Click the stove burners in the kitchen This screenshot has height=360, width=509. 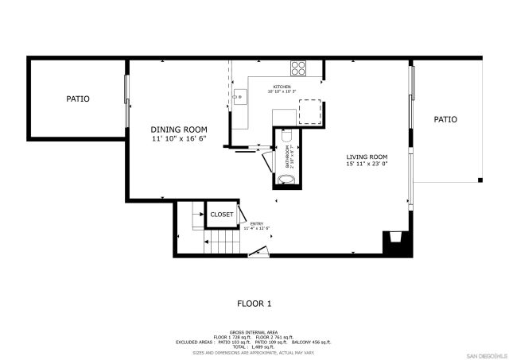click(299, 68)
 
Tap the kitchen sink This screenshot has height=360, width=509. click(239, 97)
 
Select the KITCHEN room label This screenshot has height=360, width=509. click(282, 87)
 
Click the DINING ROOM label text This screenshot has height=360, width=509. click(179, 130)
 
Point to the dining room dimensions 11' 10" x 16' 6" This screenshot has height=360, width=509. click(179, 138)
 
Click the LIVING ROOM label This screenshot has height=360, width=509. click(366, 157)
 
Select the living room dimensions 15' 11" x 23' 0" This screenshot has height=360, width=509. click(366, 165)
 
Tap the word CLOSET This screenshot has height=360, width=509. click(222, 215)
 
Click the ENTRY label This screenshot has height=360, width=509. click(257, 224)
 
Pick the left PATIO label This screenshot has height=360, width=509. click(78, 99)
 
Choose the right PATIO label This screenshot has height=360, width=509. click(445, 120)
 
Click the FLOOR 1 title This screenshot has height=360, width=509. click(254, 303)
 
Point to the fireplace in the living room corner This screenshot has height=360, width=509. click(393, 238)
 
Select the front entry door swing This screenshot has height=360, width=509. click(257, 252)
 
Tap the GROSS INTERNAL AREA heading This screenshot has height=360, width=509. click(254, 332)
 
